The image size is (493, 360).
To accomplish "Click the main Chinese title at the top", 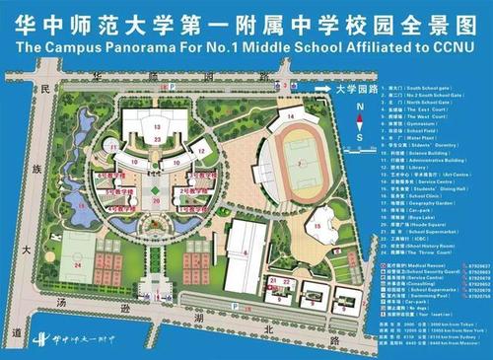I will pos(246,18).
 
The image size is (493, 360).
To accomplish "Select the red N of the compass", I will pos(362,103).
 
